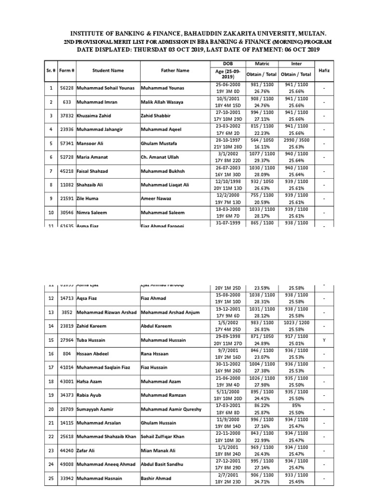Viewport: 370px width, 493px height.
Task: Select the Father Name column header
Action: pyautogui.click(x=175, y=71)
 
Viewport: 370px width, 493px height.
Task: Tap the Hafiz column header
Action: pyautogui.click(x=324, y=71)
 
